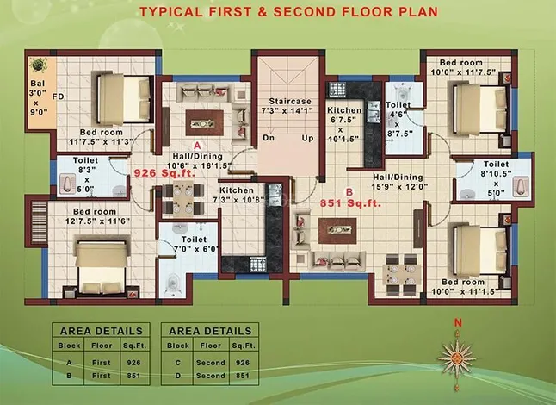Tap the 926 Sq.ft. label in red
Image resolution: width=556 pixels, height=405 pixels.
click(x=164, y=173)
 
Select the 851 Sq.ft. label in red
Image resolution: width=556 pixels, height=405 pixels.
click(x=350, y=203)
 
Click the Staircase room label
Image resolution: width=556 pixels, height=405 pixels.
click(x=290, y=101)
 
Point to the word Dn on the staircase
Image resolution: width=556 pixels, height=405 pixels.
click(x=269, y=137)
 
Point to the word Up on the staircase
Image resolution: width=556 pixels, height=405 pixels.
click(x=308, y=138)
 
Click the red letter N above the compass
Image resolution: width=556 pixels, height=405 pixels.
click(x=458, y=322)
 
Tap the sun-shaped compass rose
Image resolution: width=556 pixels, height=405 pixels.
click(x=457, y=358)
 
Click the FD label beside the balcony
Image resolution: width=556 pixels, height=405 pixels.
click(x=59, y=97)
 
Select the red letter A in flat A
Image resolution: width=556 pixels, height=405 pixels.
click(x=197, y=146)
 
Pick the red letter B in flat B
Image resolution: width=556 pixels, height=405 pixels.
click(x=349, y=192)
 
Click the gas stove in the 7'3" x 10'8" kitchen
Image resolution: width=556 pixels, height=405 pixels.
click(x=258, y=264)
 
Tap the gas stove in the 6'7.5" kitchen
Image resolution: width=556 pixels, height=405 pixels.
click(x=337, y=89)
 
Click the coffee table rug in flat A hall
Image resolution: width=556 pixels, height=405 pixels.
click(x=204, y=123)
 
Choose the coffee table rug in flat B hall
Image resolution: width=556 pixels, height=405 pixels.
click(x=337, y=231)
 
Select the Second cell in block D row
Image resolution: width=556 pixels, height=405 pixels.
click(x=211, y=376)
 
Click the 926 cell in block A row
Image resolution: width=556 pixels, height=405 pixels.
click(x=133, y=363)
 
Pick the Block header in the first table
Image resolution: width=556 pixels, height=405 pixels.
click(x=69, y=346)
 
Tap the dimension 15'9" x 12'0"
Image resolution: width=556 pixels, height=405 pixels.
click(x=399, y=186)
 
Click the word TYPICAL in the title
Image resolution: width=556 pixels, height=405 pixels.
click(x=171, y=12)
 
